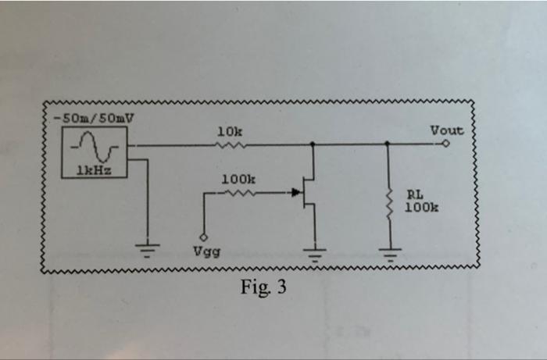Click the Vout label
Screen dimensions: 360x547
(x=447, y=130)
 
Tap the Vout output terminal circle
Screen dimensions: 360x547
(x=446, y=144)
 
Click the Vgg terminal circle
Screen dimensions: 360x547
(x=204, y=237)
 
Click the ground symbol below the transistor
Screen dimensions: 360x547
(x=315, y=251)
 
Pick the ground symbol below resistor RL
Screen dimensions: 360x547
(x=388, y=251)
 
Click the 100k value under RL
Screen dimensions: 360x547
(x=421, y=208)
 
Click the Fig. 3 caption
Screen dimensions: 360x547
(x=263, y=287)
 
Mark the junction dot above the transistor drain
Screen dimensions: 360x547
(x=314, y=144)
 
